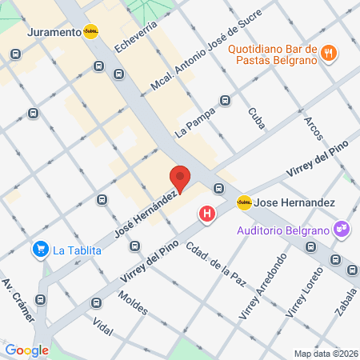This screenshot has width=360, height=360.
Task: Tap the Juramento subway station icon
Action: pyautogui.click(x=91, y=33)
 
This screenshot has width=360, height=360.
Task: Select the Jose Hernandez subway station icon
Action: pyautogui.click(x=245, y=203)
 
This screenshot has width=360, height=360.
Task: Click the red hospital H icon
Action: pyautogui.click(x=208, y=214)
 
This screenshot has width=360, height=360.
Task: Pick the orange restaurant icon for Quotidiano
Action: pyautogui.click(x=327, y=54)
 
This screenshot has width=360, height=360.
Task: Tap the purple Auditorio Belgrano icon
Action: pyautogui.click(x=342, y=230)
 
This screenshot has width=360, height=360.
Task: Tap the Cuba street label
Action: pyautogui.click(x=256, y=118)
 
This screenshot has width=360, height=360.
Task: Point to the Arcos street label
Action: pyautogui.click(x=313, y=129)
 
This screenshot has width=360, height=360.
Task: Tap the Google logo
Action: pyautogui.click(x=26, y=350)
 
